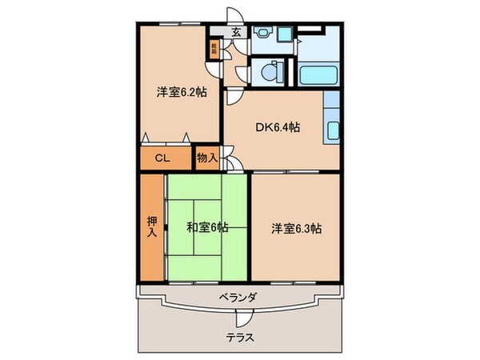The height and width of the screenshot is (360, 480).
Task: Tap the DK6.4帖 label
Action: [278, 127]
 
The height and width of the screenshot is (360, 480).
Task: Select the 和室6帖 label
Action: [207, 227]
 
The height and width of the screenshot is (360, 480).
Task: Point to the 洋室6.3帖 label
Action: [300, 227]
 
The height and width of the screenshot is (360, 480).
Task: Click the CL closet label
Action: [162, 158]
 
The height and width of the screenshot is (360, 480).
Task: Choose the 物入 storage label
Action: [207, 158]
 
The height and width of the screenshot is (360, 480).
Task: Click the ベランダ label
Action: [238, 297]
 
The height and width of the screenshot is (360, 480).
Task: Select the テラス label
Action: [239, 337]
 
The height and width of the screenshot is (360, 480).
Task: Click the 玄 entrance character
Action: [238, 33]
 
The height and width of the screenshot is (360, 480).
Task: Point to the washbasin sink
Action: [264, 34]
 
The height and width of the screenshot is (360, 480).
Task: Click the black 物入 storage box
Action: [208, 158]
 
